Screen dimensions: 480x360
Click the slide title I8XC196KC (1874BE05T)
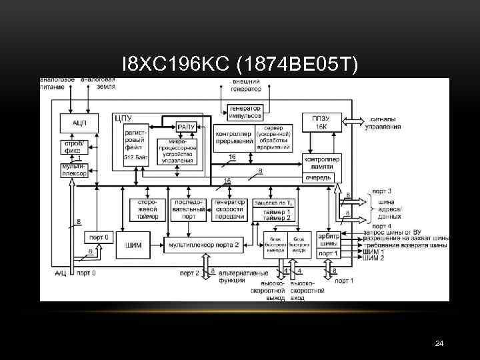[x=240, y=64]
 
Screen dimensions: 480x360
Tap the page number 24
[x=439, y=343]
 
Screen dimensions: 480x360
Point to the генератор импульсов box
[x=245, y=112]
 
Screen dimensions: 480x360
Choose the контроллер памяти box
[x=322, y=163]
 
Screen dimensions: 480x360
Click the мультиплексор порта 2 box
[x=204, y=245]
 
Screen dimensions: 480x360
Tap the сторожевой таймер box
[x=145, y=209]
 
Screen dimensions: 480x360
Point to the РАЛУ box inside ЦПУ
[x=185, y=127]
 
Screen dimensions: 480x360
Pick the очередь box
[x=318, y=178]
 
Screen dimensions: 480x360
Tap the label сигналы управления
[x=386, y=123]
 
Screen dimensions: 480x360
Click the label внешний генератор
[x=245, y=85]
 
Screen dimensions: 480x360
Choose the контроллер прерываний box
[x=234, y=137]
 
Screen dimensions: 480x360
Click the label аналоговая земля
[x=97, y=83]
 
